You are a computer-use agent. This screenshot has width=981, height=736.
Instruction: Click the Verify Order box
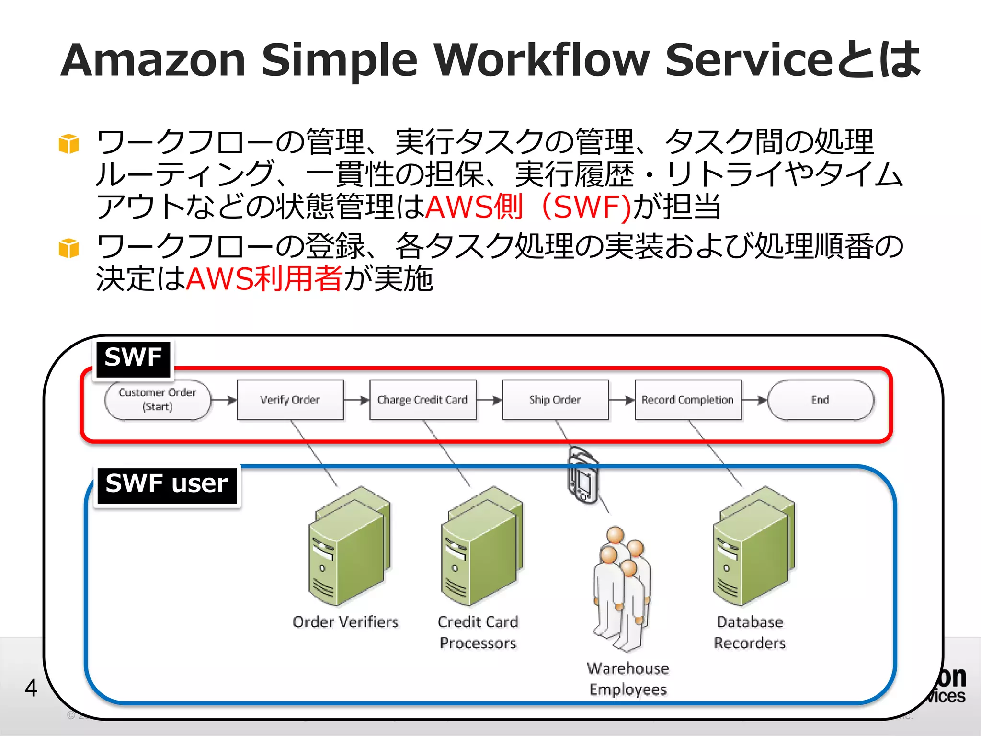click(x=290, y=400)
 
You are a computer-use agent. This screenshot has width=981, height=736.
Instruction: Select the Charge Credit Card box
click(x=422, y=400)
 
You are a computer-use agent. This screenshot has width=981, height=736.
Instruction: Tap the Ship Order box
click(x=555, y=400)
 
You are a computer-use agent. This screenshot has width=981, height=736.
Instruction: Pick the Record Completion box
click(x=687, y=400)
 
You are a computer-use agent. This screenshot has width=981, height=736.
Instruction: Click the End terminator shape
click(x=820, y=400)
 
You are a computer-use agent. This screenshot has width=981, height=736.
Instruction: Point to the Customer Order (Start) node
click(x=158, y=400)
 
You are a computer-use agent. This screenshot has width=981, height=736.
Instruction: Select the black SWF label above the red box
click(x=133, y=359)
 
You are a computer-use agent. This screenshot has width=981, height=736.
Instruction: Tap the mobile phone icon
click(x=583, y=475)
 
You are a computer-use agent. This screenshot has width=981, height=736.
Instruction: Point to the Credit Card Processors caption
click(x=478, y=632)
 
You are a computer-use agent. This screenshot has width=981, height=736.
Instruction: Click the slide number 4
click(x=31, y=688)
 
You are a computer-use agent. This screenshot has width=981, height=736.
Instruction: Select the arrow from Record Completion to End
click(x=754, y=400)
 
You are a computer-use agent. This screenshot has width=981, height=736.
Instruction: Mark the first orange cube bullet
click(x=68, y=144)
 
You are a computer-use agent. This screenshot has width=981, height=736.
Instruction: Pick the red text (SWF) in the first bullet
click(x=587, y=207)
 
